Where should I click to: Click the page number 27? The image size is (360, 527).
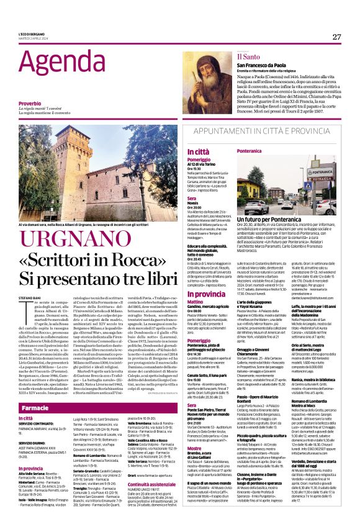coord(336,37)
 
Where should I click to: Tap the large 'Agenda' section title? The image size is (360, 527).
coord(53,63)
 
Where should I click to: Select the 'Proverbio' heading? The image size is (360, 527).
coord(30,103)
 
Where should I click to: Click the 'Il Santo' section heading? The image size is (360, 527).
coord(248,56)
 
